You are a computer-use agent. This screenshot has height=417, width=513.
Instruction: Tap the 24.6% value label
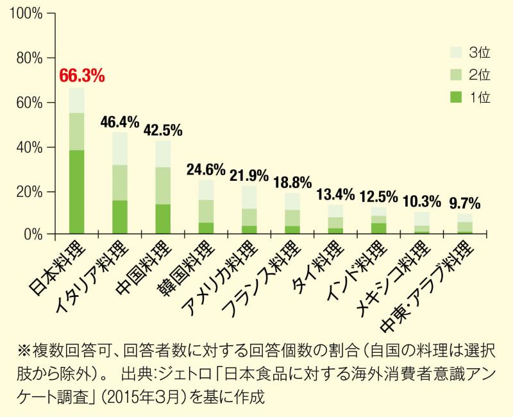(x=205, y=170)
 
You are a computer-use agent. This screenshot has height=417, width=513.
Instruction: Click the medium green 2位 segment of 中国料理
(x=163, y=185)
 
